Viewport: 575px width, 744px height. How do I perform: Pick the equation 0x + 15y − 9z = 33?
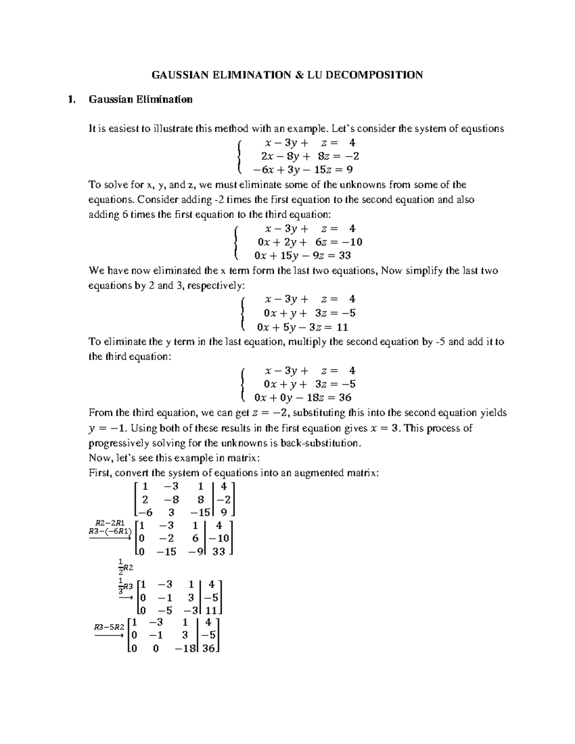304,255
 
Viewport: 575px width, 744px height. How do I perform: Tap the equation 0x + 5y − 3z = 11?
302,327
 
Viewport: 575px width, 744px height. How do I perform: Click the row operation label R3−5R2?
109,627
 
